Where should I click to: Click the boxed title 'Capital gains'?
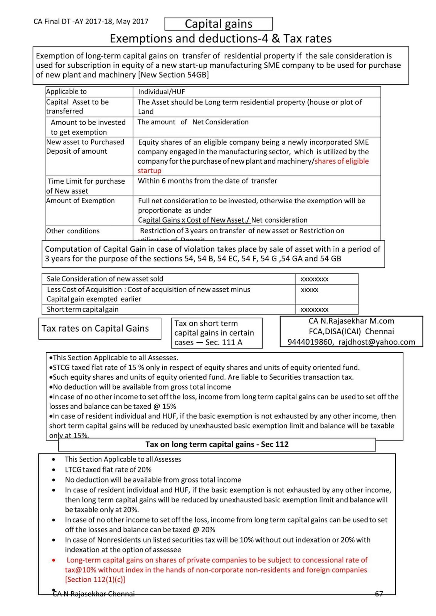click(218, 24)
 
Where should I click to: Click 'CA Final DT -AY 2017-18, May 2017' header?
click(91, 22)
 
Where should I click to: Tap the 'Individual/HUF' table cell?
click(162, 92)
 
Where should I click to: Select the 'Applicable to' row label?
click(66, 92)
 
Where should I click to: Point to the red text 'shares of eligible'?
click(341, 161)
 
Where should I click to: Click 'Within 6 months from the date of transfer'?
click(207, 181)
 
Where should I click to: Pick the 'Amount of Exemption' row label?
click(80, 201)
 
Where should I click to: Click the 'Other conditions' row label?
click(73, 231)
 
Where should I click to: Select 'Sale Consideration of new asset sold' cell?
click(105, 279)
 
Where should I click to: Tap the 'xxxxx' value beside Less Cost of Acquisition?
click(309, 290)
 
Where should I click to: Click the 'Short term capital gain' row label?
click(82, 310)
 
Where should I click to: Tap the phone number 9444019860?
click(310, 342)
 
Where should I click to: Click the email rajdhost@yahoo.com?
click(376, 342)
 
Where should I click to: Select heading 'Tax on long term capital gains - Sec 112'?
click(217, 444)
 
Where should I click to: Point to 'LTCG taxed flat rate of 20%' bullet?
click(108, 470)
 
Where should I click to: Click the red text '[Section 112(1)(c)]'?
click(95, 580)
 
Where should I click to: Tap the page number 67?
click(379, 594)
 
